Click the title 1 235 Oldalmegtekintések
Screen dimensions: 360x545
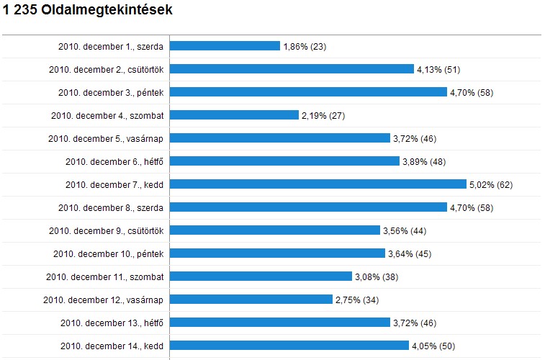click(x=88, y=12)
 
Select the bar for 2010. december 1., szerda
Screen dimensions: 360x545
click(x=225, y=46)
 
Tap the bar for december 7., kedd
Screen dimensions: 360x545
click(x=318, y=184)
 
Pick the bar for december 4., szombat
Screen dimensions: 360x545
click(x=234, y=115)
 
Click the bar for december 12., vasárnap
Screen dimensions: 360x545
click(x=251, y=300)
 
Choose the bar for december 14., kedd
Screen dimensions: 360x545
click(x=289, y=346)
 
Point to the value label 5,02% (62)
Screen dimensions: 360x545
click(x=490, y=185)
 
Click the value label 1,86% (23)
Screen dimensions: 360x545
click(x=305, y=47)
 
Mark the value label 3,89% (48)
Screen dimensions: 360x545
click(x=424, y=162)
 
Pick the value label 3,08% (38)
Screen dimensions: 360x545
click(x=377, y=277)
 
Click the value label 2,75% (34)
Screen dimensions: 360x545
click(x=357, y=300)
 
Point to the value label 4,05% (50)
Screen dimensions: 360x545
click(x=433, y=346)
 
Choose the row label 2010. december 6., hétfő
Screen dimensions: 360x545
click(x=114, y=162)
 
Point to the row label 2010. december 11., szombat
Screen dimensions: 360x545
click(x=105, y=277)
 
